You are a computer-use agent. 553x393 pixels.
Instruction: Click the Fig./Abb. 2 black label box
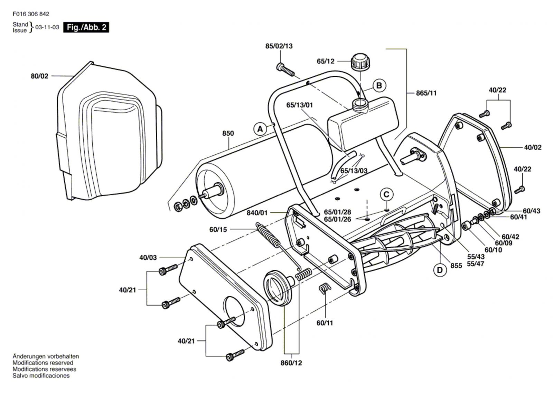click(86, 27)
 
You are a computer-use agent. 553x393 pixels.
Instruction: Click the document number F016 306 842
click(31, 14)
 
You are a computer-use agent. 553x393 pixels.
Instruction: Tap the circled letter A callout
click(260, 129)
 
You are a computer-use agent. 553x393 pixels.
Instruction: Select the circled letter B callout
click(379, 85)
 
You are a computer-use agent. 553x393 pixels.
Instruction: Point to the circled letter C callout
click(386, 194)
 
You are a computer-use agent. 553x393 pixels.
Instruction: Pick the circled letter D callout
click(440, 269)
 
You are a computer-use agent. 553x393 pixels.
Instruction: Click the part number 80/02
click(39, 76)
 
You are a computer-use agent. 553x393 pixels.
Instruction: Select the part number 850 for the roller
click(228, 133)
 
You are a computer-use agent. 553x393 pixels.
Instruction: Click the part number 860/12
click(291, 363)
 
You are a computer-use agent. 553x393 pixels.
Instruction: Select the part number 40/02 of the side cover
click(533, 147)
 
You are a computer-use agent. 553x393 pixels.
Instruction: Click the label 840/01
click(257, 213)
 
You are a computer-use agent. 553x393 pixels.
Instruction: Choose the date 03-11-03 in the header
click(47, 27)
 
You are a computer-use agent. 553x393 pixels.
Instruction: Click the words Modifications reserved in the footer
click(43, 363)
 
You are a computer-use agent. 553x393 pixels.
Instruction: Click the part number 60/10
click(493, 250)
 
